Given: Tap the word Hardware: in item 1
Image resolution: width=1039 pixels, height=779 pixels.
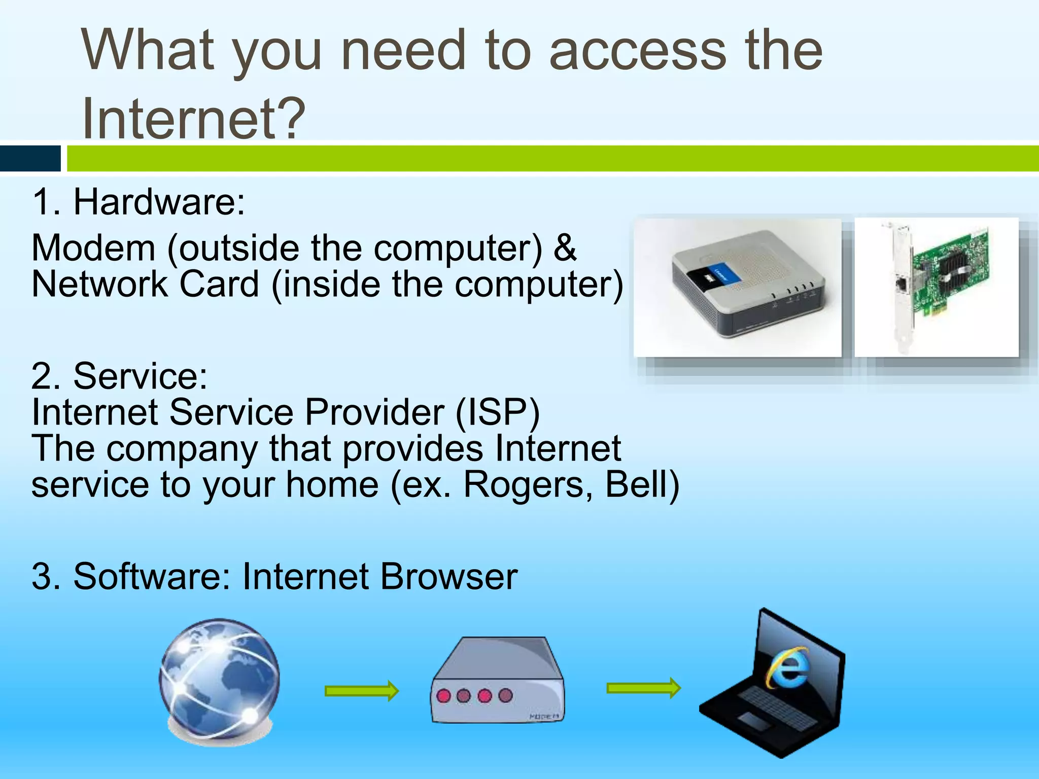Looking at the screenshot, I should pyautogui.click(x=159, y=202).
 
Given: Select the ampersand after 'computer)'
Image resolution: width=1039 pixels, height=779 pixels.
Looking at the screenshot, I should pyautogui.click(x=565, y=247).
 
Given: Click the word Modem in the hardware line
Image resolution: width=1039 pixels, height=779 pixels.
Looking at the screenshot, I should pyautogui.click(x=94, y=248).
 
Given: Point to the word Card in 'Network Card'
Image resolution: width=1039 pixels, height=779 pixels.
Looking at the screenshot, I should pyautogui.click(x=219, y=284).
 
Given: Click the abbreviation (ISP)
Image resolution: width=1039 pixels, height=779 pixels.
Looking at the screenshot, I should pyautogui.click(x=498, y=412).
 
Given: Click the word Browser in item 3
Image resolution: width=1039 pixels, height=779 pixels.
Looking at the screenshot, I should pyautogui.click(x=449, y=577).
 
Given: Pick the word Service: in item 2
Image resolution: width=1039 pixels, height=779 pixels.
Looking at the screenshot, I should pyautogui.click(x=141, y=376).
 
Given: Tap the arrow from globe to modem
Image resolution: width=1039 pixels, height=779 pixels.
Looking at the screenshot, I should pyautogui.click(x=362, y=691).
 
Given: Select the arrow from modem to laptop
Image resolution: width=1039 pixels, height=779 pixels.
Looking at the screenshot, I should pyautogui.click(x=643, y=688).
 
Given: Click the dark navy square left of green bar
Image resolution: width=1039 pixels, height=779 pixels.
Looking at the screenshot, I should pyautogui.click(x=30, y=158).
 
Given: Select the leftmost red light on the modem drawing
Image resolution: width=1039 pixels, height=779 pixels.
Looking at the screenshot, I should pyautogui.click(x=444, y=695).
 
